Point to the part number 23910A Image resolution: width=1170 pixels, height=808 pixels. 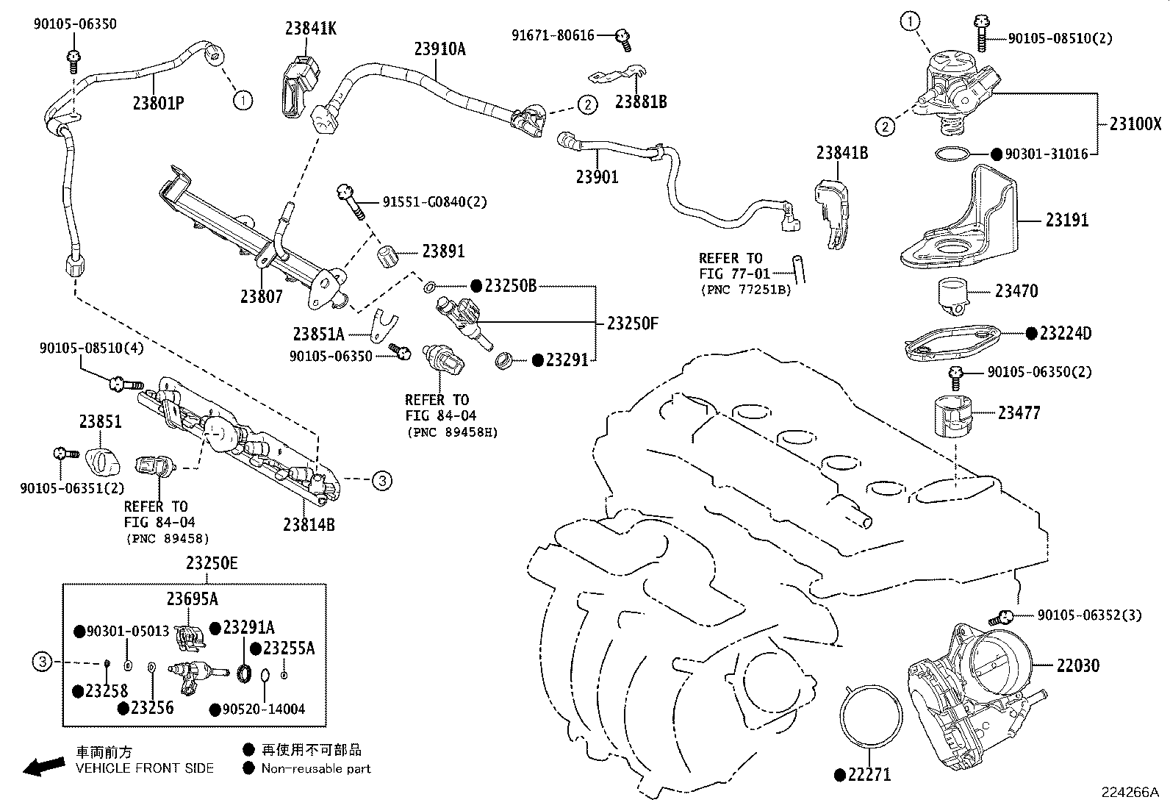point(439,49)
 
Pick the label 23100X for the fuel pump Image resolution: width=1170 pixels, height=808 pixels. point(1135,124)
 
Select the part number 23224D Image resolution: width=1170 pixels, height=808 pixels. point(1065,334)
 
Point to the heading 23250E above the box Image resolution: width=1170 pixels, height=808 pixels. point(211,564)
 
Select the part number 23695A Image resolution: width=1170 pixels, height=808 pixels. point(192,599)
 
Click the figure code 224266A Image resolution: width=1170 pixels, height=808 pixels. point(1129,793)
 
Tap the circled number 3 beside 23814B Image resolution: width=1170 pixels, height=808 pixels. point(381,481)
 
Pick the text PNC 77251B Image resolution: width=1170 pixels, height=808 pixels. point(745,290)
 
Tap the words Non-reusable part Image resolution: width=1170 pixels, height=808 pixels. point(316,768)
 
